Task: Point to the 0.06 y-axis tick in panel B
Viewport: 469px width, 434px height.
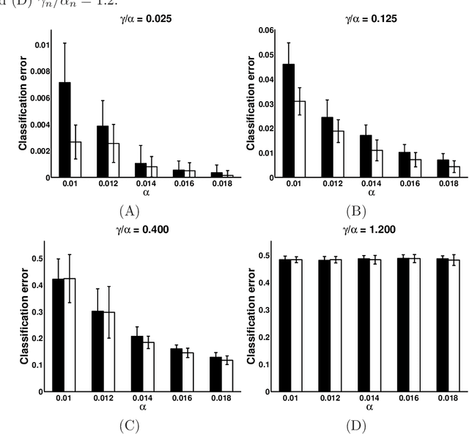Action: tap(268, 30)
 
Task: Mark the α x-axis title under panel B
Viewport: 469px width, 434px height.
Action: tap(371, 193)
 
